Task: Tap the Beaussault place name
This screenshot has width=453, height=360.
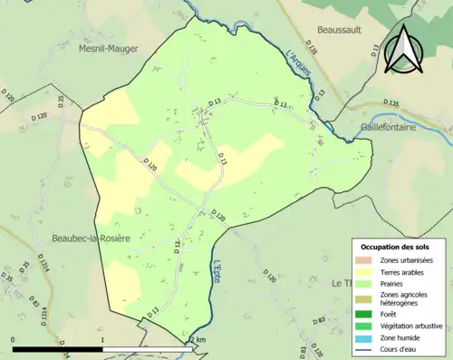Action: pos(338,30)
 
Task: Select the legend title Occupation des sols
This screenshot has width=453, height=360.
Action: pos(397,247)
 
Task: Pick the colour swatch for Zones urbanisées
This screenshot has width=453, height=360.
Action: pos(366,260)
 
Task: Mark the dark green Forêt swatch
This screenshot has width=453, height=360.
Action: pos(366,315)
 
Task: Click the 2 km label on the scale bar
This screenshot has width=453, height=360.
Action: pos(198,339)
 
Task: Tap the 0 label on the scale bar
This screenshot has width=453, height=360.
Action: pos(14,339)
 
